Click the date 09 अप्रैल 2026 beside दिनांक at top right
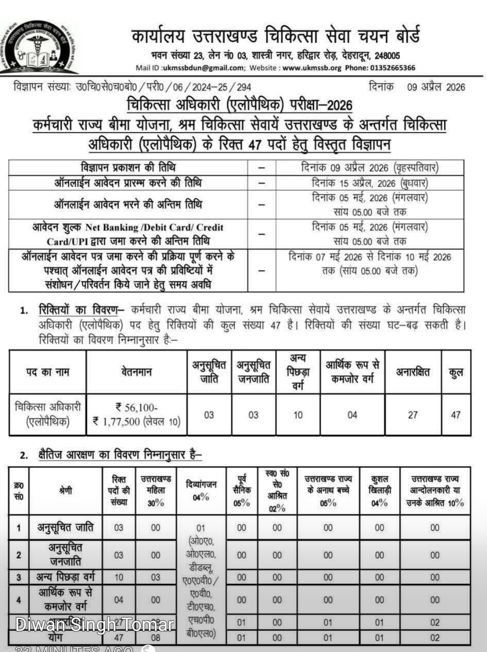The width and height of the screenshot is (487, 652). coord(436,87)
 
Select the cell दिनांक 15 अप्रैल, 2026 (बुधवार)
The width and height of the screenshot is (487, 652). coord(370,183)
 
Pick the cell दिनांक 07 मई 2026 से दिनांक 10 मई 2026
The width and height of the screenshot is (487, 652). coord(370,257)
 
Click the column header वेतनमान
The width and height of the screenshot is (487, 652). coord(136,372)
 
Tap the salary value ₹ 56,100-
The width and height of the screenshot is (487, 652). coord(136,408)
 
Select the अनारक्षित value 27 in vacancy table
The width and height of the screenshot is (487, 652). coord(413,415)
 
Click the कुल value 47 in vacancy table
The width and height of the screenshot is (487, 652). coord(456,415)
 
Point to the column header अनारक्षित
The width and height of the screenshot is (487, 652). coord(413,372)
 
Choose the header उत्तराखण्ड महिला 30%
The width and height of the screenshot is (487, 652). coord(156,490)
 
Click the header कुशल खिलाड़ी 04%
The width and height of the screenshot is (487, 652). coord(380,490)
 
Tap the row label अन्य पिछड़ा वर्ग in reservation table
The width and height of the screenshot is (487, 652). coord(65,577)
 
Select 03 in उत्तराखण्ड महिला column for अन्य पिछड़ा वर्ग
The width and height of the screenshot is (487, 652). coord(156,578)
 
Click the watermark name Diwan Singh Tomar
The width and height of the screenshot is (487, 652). coord(95,625)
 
